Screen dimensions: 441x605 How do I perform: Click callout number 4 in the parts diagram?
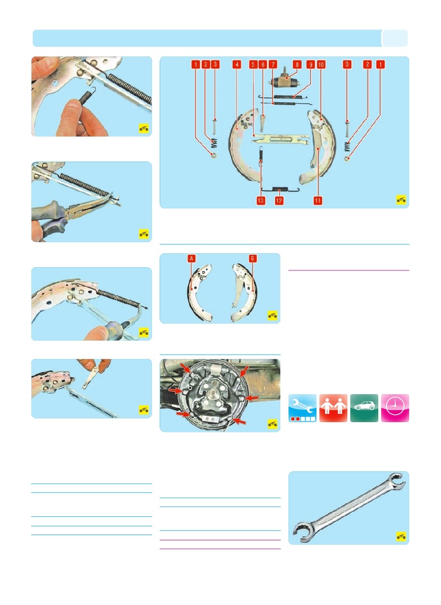(x=236, y=65)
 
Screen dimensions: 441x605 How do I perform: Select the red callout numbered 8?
(x=297, y=65)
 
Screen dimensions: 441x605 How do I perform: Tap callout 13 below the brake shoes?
(x=261, y=200)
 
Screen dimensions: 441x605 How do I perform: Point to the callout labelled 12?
(x=279, y=200)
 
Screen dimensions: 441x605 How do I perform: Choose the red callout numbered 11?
(x=317, y=200)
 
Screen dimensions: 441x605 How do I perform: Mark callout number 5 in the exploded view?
(x=253, y=65)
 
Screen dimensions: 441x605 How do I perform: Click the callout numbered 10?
(x=321, y=65)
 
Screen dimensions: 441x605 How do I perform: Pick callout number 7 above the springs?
(x=273, y=65)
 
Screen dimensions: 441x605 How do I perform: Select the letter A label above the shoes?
(x=192, y=259)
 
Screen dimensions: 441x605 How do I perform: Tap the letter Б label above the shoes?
(x=252, y=259)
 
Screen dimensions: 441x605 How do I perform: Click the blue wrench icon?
(x=303, y=408)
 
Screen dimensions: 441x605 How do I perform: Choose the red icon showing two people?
(x=333, y=408)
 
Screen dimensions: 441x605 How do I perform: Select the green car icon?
(x=364, y=408)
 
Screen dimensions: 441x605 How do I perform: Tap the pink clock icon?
(x=395, y=408)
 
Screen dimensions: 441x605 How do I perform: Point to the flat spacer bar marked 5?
(x=280, y=139)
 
